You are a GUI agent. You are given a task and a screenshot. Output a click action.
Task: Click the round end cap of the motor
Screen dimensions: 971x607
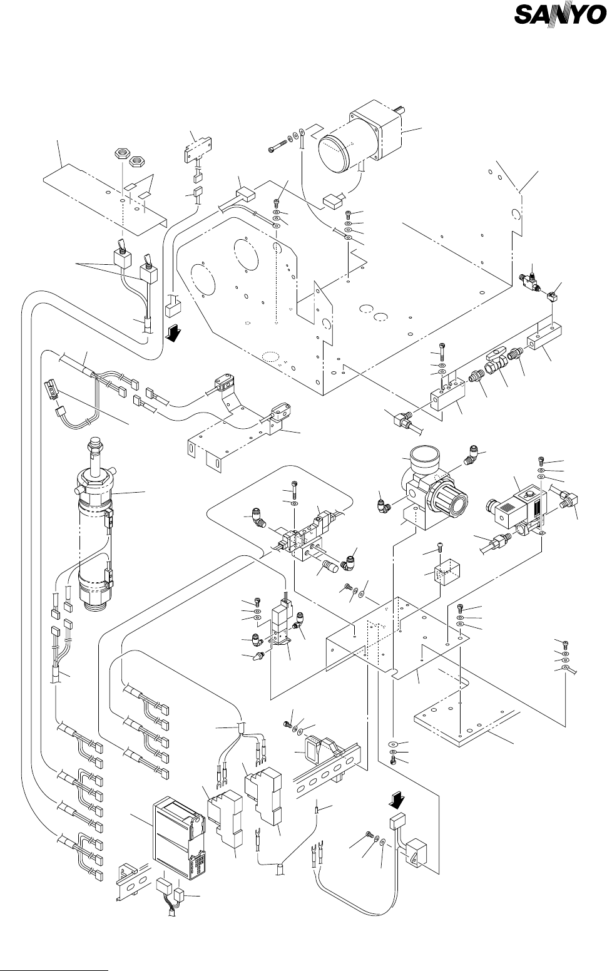point(337,153)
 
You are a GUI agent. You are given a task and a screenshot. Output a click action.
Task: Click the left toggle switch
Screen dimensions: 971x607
point(121,255)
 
